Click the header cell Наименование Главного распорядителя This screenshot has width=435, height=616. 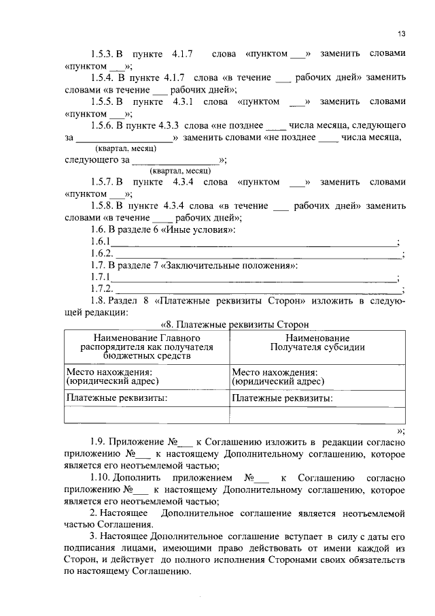[x=145, y=346]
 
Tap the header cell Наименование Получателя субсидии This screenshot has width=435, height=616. [x=317, y=342]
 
